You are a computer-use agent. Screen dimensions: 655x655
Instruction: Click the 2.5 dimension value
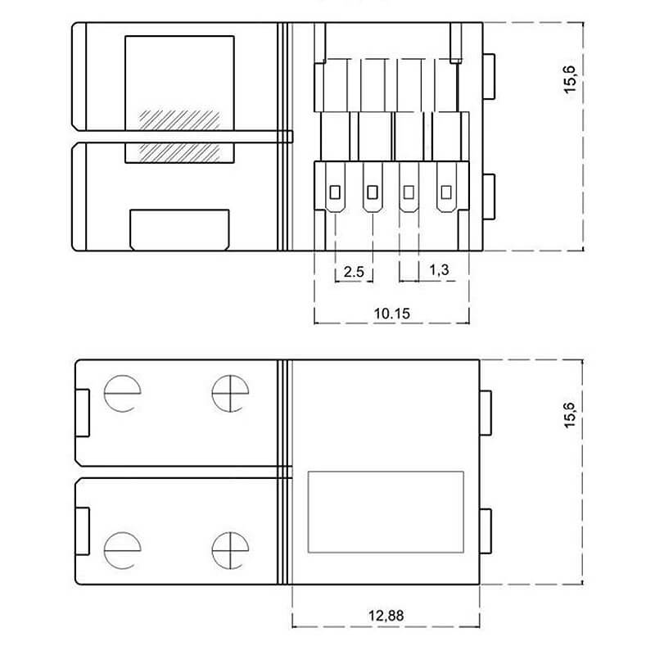(x=354, y=272)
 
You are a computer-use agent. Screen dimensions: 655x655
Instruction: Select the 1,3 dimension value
(x=438, y=270)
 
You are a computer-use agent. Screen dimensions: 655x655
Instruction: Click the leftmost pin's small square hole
(x=335, y=192)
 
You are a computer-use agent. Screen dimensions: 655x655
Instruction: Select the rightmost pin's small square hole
(x=446, y=192)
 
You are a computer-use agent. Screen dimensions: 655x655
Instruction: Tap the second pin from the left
(x=373, y=192)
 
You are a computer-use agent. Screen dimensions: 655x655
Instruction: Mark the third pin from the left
(x=409, y=192)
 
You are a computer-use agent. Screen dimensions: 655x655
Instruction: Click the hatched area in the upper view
(x=179, y=134)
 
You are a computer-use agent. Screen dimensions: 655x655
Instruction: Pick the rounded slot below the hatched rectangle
(x=179, y=228)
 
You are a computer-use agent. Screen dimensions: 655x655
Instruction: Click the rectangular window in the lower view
(x=385, y=510)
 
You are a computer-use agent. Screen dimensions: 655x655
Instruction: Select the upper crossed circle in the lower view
(x=227, y=393)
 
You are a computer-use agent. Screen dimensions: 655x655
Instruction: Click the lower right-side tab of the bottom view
(x=486, y=530)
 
